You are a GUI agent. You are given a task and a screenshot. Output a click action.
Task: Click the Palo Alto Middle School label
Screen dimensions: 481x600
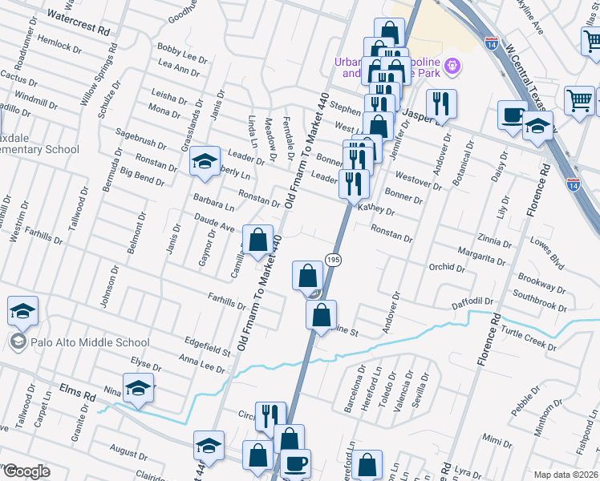(88, 342)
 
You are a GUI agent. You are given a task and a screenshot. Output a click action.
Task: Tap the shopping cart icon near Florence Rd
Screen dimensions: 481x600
(579, 100)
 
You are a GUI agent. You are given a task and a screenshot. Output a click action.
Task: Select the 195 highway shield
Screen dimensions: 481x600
(333, 258)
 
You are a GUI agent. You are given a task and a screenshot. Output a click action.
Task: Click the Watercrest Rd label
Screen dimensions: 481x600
(78, 22)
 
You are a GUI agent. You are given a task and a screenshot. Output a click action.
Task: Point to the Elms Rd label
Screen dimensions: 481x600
(77, 393)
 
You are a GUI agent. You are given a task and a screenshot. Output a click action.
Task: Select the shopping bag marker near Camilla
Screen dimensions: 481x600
(257, 239)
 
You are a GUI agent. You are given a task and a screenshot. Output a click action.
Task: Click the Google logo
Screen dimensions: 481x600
(26, 471)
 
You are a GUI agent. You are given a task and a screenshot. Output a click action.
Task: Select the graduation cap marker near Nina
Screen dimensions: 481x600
(139, 387)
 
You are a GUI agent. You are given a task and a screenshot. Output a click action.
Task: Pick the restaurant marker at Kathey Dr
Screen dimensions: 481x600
(353, 184)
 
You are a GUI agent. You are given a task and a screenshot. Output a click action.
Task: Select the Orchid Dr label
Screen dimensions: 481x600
(447, 267)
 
